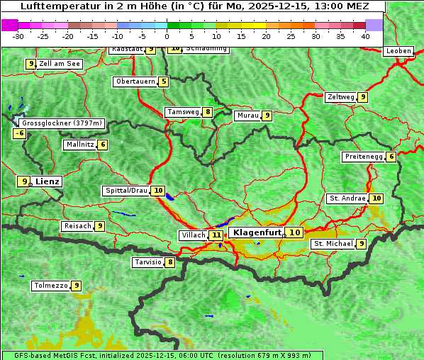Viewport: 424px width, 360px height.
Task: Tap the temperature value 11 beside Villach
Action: coord(216,235)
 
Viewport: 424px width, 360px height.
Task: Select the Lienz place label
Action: coord(48,181)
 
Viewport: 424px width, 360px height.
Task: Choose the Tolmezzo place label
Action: coord(50,286)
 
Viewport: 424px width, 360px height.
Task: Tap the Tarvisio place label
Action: coord(147,262)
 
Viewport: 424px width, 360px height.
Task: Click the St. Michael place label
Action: coord(333,244)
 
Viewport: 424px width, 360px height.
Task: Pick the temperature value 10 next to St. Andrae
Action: coord(376,198)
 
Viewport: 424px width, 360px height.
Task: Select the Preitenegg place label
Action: coord(364,157)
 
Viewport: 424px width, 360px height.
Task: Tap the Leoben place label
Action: coord(397,51)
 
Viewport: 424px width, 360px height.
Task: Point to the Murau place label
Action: coord(247,116)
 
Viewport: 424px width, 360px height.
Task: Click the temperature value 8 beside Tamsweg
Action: coord(208,112)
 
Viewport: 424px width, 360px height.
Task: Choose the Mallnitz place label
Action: coord(79,145)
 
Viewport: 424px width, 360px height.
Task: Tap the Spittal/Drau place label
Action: coord(126,191)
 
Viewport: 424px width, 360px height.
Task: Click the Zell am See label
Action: coord(60,64)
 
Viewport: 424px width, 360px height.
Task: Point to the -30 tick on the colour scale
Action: coord(18,36)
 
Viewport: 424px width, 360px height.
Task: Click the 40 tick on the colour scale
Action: coord(365,36)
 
